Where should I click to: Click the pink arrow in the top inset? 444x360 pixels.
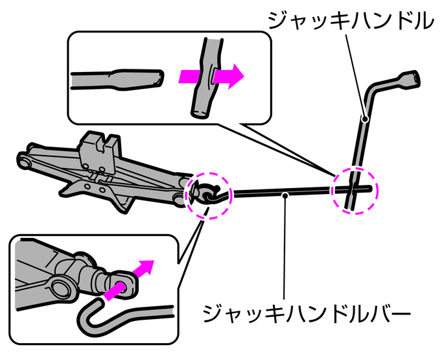click(211, 76)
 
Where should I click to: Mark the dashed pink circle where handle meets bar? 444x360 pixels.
click(354, 189)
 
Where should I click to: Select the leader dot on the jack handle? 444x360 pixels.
click(365, 119)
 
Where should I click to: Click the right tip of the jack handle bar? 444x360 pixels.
click(372, 189)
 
